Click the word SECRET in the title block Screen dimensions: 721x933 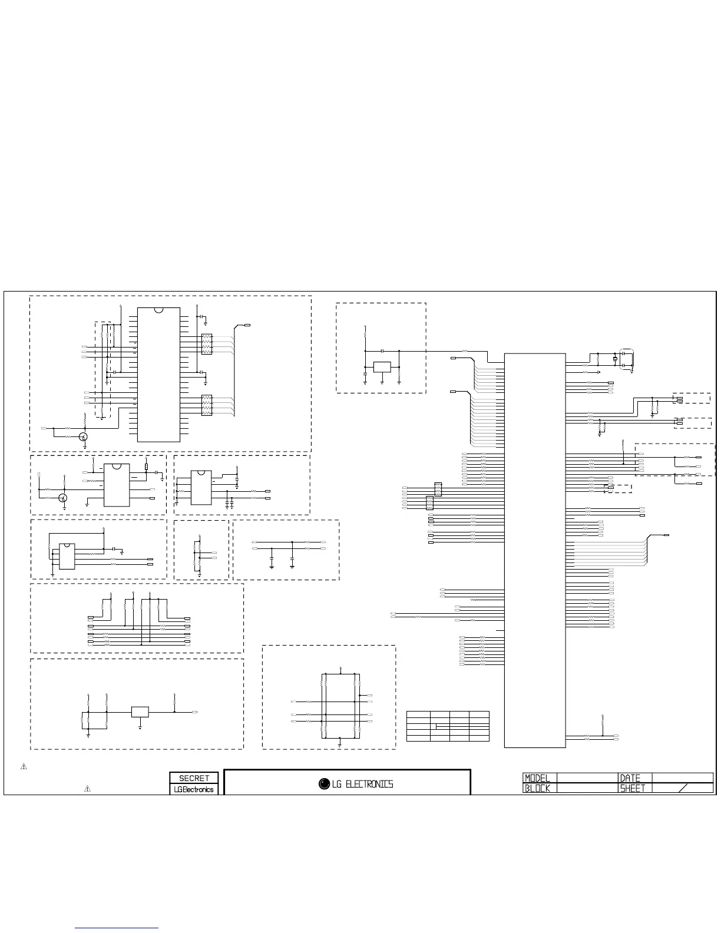tap(194, 778)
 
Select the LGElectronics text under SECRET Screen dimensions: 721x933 tap(194, 789)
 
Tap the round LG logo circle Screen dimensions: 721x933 tap(324, 784)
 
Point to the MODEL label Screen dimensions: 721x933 tap(537, 778)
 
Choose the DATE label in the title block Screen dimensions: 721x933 tap(630, 778)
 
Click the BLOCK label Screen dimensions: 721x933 tap(537, 788)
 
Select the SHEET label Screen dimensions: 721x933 tap(633, 788)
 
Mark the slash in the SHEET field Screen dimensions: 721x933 tap(683, 788)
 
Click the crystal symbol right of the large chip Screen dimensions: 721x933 tap(615, 359)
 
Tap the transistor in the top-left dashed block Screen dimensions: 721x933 tap(84, 436)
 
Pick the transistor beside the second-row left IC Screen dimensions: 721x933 tap(62, 498)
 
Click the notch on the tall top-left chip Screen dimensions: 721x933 tap(158, 310)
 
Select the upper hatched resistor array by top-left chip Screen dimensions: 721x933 tap(207, 344)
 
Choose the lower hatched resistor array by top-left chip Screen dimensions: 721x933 tap(207, 405)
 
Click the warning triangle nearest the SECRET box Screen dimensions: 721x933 tap(87, 788)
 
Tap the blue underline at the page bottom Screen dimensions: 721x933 tap(117, 928)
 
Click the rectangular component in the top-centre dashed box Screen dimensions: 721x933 tap(382, 367)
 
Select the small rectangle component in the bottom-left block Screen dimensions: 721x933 tap(140, 712)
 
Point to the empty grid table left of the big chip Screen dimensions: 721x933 tap(448, 726)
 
